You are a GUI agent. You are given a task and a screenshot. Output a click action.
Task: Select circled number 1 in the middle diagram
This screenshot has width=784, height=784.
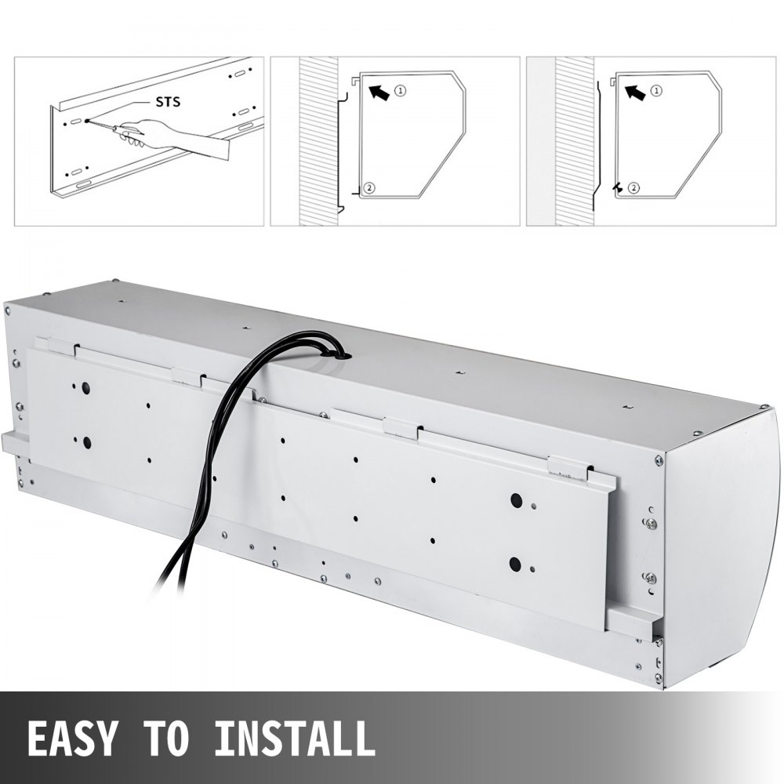tap(401, 91)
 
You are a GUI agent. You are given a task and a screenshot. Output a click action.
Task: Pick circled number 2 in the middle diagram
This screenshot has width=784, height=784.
tap(370, 188)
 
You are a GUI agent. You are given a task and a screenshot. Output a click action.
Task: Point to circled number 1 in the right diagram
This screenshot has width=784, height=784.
tap(656, 91)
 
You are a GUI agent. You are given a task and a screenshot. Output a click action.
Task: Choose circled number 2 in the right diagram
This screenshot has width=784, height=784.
tap(633, 188)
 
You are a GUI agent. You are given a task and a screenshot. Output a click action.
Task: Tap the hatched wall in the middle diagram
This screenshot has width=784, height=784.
tap(318, 141)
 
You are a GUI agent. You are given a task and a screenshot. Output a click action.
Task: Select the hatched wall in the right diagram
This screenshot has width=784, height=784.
tap(574, 141)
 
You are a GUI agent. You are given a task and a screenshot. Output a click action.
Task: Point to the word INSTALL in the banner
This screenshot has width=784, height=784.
tap(294, 738)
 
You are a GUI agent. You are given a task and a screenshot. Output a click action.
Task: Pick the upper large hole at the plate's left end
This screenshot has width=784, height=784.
tap(85, 388)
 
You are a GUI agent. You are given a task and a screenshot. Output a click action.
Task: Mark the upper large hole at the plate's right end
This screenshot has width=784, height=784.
tap(516, 500)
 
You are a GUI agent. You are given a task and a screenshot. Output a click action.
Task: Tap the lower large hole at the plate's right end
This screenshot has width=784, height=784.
tap(514, 563)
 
